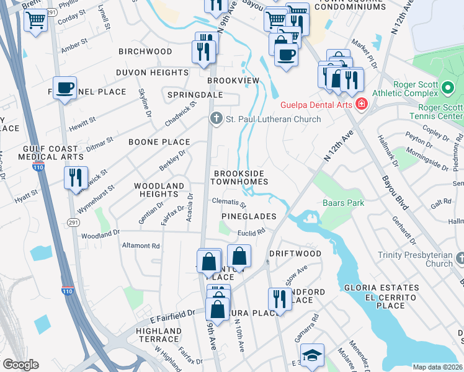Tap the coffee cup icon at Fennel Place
(x=65, y=88)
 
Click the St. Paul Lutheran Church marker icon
(x=216, y=118)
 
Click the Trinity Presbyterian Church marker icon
(x=460, y=257)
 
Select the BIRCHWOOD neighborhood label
(x=145, y=51)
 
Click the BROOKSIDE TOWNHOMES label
(x=239, y=177)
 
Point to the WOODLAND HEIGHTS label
(x=159, y=190)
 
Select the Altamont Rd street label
(x=141, y=246)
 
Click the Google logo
(x=20, y=365)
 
